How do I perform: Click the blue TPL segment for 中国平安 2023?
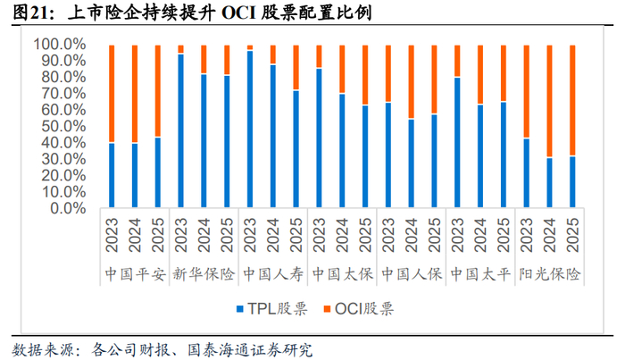tap(112, 175)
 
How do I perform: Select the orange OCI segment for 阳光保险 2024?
tap(549, 101)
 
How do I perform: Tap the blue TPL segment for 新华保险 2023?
tap(181, 130)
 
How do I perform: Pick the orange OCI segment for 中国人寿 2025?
tap(296, 68)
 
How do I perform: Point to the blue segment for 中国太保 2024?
tap(342, 150)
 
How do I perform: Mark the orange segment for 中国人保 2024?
tap(412, 82)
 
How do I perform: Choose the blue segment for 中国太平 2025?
tap(504, 155)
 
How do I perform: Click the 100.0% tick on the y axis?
tap(60, 45)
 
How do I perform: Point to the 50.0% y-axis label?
tap(63, 126)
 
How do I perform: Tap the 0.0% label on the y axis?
tap(68, 208)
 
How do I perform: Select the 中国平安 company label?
tap(135, 274)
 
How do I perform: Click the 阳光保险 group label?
tap(549, 274)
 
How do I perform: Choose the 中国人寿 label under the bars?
tap(273, 274)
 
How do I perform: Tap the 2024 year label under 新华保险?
tap(204, 235)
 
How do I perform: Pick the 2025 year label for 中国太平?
tap(504, 235)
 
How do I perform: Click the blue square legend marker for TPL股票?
tap(240, 309)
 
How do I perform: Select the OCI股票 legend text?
tap(364, 309)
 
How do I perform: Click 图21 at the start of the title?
tap(30, 13)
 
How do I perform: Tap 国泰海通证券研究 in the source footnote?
tap(250, 350)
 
